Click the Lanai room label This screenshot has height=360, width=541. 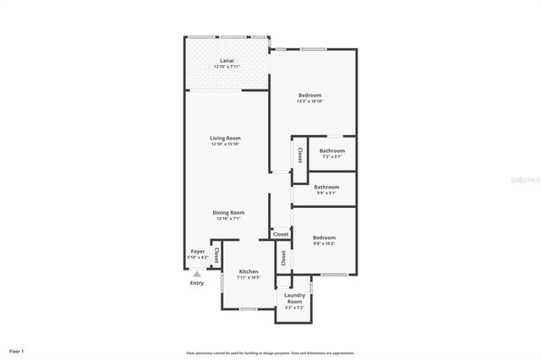(x=227, y=61)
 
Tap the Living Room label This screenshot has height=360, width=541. (x=227, y=138)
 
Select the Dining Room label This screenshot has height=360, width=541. (x=227, y=212)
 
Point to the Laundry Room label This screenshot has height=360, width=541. (x=293, y=298)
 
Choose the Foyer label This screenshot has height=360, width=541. (x=197, y=251)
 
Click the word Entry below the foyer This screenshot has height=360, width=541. (x=197, y=283)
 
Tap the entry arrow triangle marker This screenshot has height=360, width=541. (x=197, y=274)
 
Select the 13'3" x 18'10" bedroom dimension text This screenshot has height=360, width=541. (x=310, y=101)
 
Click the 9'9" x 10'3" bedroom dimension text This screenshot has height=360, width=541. (x=323, y=244)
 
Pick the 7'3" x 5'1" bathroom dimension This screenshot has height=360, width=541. (x=331, y=156)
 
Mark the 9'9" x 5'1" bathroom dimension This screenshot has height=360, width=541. (x=326, y=193)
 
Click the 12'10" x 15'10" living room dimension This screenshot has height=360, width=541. (x=227, y=145)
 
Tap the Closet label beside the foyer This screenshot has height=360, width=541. (x=216, y=254)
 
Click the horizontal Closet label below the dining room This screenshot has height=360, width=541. (x=281, y=234)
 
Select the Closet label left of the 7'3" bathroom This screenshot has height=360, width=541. (x=300, y=155)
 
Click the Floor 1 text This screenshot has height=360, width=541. (x=17, y=350)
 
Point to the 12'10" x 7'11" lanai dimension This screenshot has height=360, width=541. (x=227, y=67)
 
